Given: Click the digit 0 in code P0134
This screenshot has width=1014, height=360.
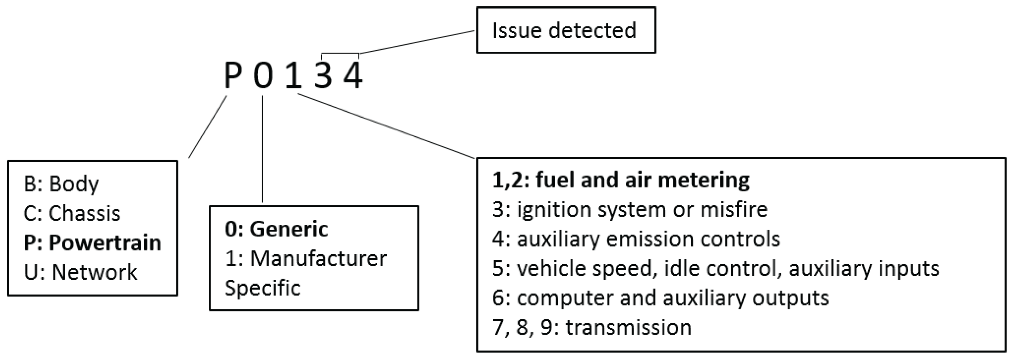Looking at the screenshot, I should (263, 76).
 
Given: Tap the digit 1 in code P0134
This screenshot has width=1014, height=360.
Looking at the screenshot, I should (293, 76).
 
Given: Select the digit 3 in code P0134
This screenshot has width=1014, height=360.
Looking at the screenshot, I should (323, 76).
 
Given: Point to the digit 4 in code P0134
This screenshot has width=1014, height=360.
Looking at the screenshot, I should (353, 76).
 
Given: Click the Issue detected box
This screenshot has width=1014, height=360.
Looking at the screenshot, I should (566, 30).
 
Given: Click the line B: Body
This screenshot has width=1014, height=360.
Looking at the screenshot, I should (61, 184).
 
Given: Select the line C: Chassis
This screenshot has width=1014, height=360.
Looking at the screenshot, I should (72, 213).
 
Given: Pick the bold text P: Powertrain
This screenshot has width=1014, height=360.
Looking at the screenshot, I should (92, 243).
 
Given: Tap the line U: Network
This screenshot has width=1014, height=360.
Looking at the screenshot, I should (80, 272).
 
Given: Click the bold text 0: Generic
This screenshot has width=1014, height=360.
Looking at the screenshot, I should (276, 229).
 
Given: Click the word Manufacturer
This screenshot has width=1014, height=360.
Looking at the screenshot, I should (318, 259).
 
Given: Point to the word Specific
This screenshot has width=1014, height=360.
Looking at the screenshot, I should (263, 288).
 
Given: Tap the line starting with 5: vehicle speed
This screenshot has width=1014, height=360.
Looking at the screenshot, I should (715, 268).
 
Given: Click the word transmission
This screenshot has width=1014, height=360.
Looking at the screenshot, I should (628, 327).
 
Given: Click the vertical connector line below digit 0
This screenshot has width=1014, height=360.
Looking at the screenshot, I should (263, 149).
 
